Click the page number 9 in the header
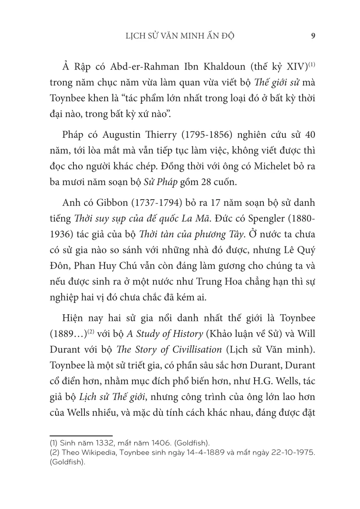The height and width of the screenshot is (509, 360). pos(313,36)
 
